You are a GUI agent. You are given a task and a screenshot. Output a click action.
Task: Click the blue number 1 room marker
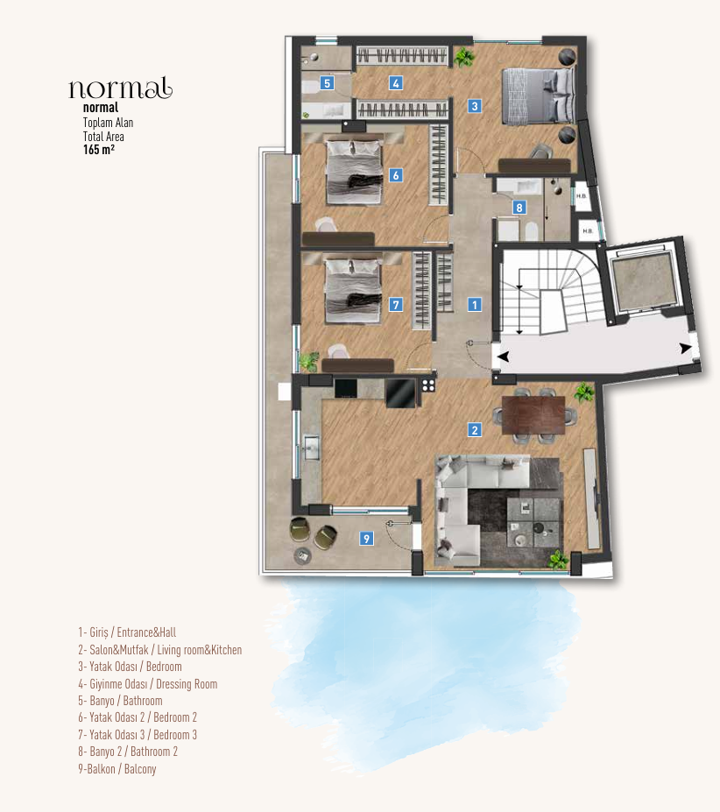(x=474, y=305)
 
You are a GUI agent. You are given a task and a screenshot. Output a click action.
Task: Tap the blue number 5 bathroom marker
(x=327, y=84)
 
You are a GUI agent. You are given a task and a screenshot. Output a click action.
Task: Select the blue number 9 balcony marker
(x=366, y=539)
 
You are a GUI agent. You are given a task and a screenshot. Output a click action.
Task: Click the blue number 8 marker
(x=519, y=208)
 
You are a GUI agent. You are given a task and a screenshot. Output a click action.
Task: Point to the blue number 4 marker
(x=396, y=84)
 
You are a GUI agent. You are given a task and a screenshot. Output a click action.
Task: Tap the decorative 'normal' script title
(x=120, y=88)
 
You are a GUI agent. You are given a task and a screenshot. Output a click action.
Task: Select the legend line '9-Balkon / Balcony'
(x=116, y=769)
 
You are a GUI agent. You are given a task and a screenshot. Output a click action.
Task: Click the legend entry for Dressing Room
(x=147, y=684)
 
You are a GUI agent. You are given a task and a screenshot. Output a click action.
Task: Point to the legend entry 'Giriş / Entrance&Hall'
(x=132, y=632)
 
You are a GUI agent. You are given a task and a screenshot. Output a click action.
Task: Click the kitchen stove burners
(x=428, y=385)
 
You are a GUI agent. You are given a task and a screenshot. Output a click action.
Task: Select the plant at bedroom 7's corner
(x=308, y=360)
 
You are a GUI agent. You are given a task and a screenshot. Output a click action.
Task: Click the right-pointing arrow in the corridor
(x=685, y=349)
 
